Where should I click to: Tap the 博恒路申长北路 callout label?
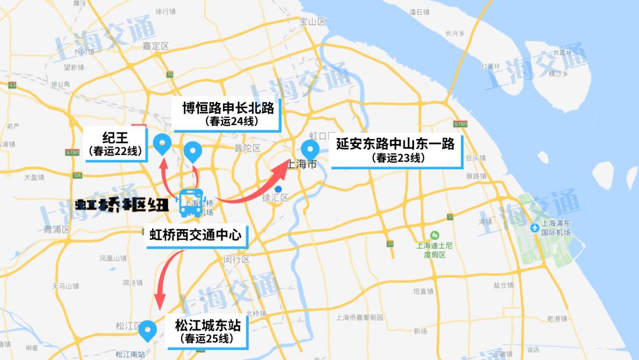[228, 114]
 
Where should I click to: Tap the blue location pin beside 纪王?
[162, 144]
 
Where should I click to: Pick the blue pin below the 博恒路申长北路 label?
[193, 152]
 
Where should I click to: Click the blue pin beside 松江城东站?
[147, 330]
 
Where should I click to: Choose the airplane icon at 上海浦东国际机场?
[535, 227]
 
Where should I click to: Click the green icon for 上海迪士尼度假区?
[435, 235]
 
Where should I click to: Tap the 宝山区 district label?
[313, 22]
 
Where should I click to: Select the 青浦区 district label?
[57, 229]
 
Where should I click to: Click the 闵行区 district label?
[237, 259]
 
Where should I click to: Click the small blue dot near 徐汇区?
[278, 189]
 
